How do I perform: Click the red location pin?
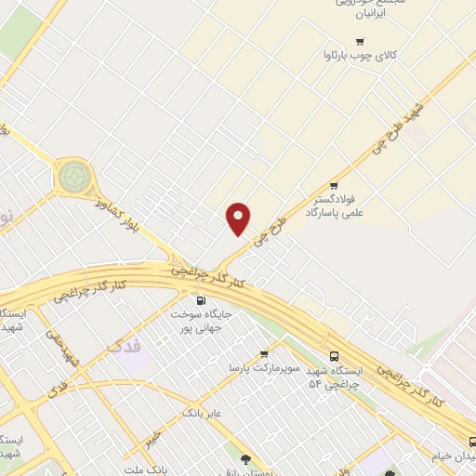pos(239,218)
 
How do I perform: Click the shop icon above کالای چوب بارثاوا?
pos(360,41)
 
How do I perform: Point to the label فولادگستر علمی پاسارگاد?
pos(337,205)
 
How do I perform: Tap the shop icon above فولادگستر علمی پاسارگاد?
pos(334,185)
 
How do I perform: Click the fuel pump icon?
pos(200,300)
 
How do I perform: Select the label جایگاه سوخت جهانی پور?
pos(200,321)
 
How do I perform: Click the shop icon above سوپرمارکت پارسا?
pos(264,353)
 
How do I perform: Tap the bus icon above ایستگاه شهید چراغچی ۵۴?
pos(334,356)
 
